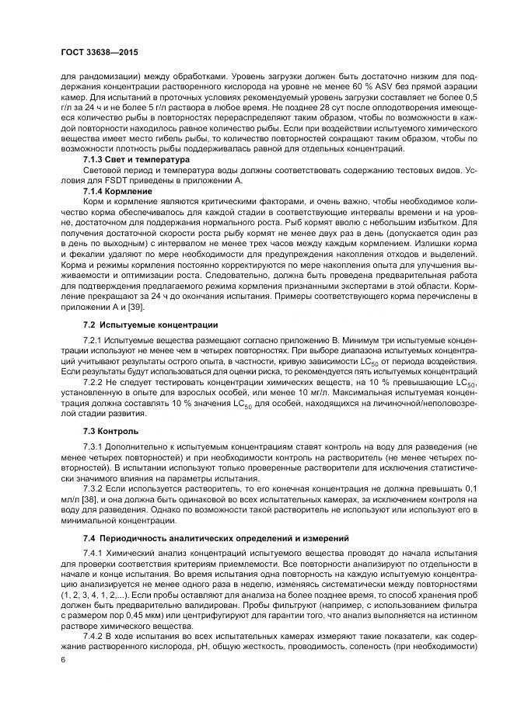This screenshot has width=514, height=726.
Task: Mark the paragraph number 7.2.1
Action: pos(94,341)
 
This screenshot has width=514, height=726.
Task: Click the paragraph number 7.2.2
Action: pos(94,382)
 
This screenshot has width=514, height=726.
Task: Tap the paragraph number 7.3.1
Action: pos(94,448)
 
